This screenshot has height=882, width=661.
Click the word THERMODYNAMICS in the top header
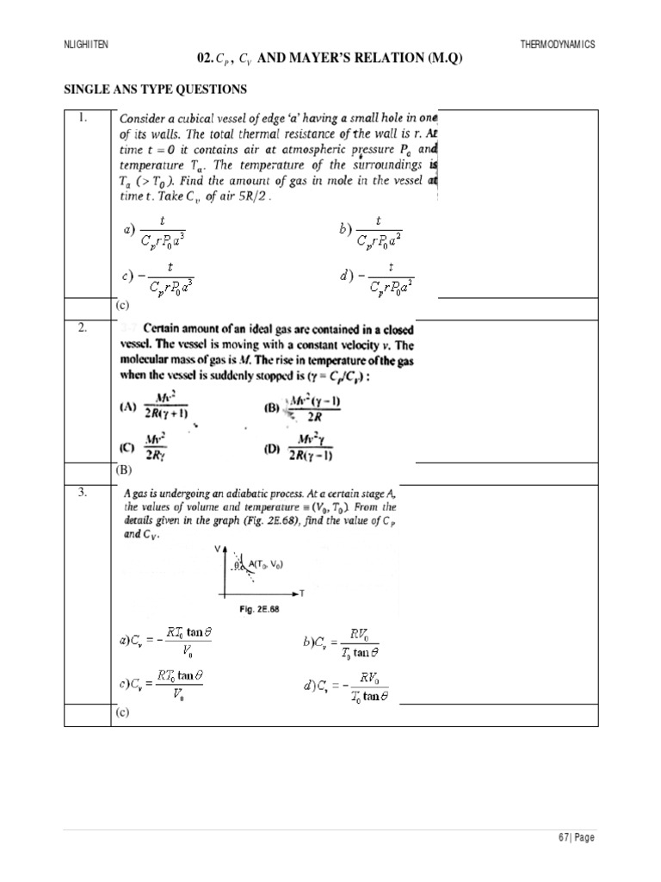558,44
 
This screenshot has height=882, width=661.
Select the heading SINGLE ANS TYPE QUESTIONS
156,90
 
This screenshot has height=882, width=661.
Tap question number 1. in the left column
84,119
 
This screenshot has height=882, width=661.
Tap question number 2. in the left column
84,329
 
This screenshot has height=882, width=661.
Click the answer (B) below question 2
122,471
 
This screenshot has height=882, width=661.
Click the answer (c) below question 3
122,713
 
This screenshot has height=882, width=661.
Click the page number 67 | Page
577,837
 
